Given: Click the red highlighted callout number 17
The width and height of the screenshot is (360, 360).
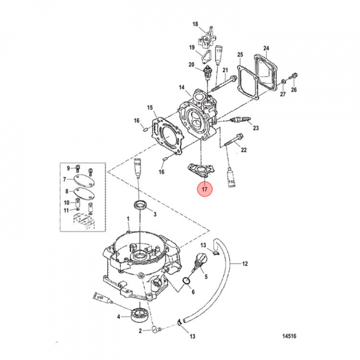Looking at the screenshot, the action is [x=204, y=189].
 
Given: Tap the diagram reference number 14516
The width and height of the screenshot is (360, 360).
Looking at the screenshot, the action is [x=289, y=336].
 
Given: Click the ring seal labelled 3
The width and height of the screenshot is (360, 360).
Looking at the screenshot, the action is [x=140, y=204].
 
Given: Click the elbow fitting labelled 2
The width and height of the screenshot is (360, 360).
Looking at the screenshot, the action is [x=157, y=330].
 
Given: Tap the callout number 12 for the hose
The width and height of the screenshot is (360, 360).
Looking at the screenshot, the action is [x=245, y=263].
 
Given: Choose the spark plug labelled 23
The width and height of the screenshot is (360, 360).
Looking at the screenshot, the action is [x=240, y=119].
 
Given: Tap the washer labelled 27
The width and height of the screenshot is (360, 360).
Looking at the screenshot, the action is [x=283, y=81].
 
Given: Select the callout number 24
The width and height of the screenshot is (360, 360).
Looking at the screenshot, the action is [x=266, y=48].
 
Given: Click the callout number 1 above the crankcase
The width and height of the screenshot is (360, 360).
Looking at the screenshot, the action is [x=128, y=219].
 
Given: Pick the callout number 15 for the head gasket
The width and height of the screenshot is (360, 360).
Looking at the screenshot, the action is [x=150, y=107].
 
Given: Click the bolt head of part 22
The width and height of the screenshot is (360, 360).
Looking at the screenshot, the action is [x=239, y=136].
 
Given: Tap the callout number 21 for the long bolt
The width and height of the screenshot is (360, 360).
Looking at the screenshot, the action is [x=225, y=70].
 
